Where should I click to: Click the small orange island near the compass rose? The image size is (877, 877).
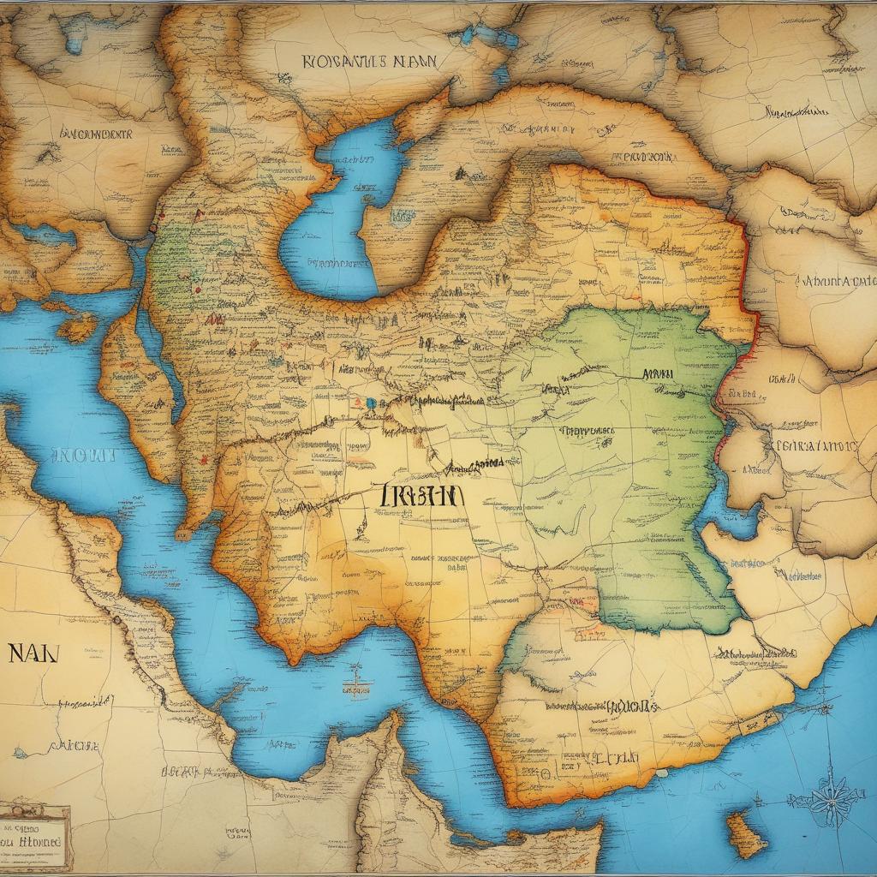[746, 834]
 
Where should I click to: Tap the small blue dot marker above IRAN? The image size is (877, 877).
[370, 402]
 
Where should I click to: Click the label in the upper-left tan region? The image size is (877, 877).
[96, 134]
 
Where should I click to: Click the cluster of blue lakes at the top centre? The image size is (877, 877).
[488, 39]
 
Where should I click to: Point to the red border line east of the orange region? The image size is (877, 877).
[745, 283]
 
